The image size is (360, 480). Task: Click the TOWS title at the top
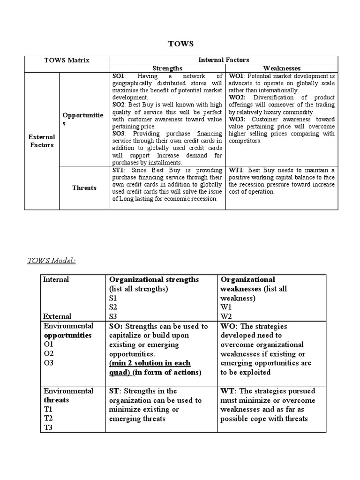tap(180, 44)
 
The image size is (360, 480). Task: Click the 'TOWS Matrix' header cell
tap(67, 60)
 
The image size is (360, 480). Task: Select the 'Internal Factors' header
tap(224, 60)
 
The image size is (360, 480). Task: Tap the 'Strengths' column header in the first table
tap(167, 68)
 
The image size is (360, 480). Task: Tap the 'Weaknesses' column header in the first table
tap(282, 68)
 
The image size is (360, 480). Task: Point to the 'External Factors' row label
tap(42, 141)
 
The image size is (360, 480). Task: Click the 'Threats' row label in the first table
tap(84, 188)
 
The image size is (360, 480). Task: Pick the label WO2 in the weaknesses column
tap(237, 97)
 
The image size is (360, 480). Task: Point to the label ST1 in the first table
tap(118, 170)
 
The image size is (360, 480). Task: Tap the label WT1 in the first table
tap(236, 170)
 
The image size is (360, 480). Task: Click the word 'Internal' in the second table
tap(56, 280)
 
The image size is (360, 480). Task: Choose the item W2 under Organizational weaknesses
tap(226, 316)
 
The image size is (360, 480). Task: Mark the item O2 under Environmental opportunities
tap(49, 354)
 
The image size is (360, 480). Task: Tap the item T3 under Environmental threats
tap(49, 428)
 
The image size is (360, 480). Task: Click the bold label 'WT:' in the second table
tap(228, 391)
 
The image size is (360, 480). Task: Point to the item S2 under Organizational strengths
tap(113, 307)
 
